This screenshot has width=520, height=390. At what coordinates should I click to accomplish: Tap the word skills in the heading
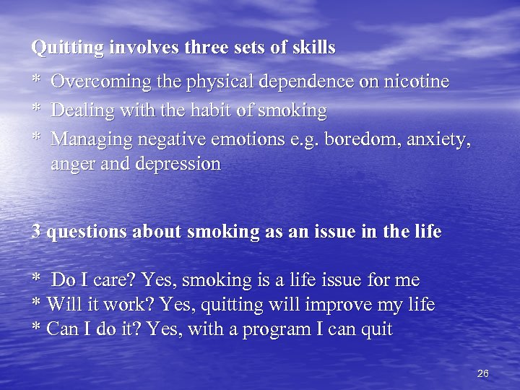[313, 48]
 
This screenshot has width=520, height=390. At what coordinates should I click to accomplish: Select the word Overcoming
[96, 82]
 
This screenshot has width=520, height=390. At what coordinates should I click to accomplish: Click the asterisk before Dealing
[35, 110]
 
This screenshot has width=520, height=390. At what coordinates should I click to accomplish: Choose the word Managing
[91, 139]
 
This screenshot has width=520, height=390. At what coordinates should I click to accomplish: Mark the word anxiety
[442, 139]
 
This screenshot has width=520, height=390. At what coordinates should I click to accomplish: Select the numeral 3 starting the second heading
[36, 233]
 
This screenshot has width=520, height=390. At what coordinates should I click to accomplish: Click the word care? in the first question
[115, 280]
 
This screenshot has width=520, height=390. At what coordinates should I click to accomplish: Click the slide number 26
[483, 373]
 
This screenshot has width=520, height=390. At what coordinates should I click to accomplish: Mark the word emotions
[258, 138]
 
